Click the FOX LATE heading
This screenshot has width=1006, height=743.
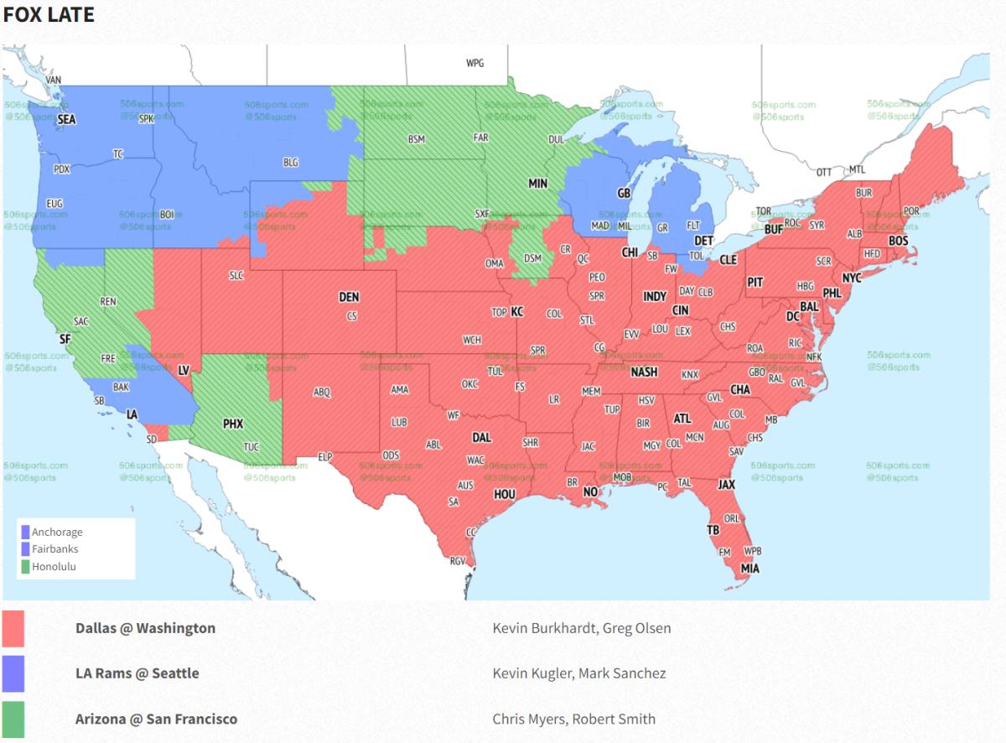coord(49,15)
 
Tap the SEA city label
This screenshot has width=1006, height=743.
coord(66,120)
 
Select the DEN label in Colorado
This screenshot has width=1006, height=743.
coord(349,297)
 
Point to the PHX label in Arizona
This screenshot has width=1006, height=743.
coord(232,424)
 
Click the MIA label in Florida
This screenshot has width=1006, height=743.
coord(749,568)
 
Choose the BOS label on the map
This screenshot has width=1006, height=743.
coord(898,241)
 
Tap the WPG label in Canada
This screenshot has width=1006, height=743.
coord(475,63)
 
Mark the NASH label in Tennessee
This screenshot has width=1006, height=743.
coord(644,372)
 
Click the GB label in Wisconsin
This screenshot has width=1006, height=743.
coord(624,193)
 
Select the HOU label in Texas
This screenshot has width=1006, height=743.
coord(504,495)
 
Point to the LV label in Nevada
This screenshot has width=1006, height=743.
coord(184,369)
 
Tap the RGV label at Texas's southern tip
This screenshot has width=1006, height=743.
coord(458,561)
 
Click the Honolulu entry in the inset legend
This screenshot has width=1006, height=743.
coord(55,566)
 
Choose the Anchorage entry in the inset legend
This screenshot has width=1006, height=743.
coord(57,532)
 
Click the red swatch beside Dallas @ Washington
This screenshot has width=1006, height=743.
coord(13,628)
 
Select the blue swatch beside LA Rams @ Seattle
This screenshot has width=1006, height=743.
coord(13,673)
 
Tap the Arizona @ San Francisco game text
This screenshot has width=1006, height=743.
coord(156,719)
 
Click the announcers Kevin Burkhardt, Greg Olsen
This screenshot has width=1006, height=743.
coord(581,628)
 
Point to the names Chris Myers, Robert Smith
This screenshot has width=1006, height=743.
coord(573,719)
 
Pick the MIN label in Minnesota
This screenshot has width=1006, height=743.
coord(537,183)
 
